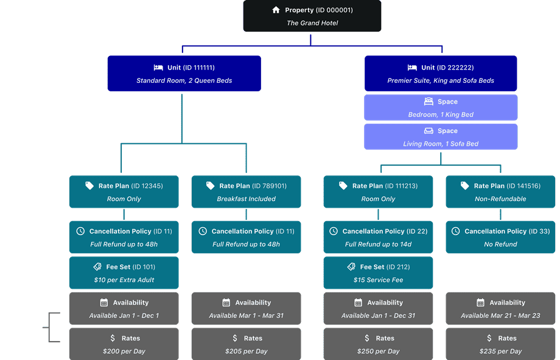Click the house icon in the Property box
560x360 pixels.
276,10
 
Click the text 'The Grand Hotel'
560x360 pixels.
312,23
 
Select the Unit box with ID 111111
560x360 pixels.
184,74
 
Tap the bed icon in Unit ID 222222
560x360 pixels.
412,68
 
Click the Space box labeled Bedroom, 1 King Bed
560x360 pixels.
441,108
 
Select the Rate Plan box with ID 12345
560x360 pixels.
124,192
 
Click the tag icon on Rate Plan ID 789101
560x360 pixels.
211,186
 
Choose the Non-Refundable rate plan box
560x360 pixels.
500,192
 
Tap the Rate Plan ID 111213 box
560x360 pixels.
378,192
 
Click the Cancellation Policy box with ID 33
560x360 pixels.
500,237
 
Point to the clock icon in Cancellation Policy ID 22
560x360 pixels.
333,231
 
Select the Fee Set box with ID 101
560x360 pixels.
124,273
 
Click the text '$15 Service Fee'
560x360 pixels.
378,280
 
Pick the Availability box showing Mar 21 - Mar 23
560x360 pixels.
500,309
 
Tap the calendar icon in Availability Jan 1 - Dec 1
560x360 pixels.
103,303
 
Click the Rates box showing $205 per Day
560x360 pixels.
246,345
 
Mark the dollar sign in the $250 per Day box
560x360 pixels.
367,338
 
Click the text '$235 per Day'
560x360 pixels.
500,351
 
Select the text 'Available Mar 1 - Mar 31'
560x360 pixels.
246,316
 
